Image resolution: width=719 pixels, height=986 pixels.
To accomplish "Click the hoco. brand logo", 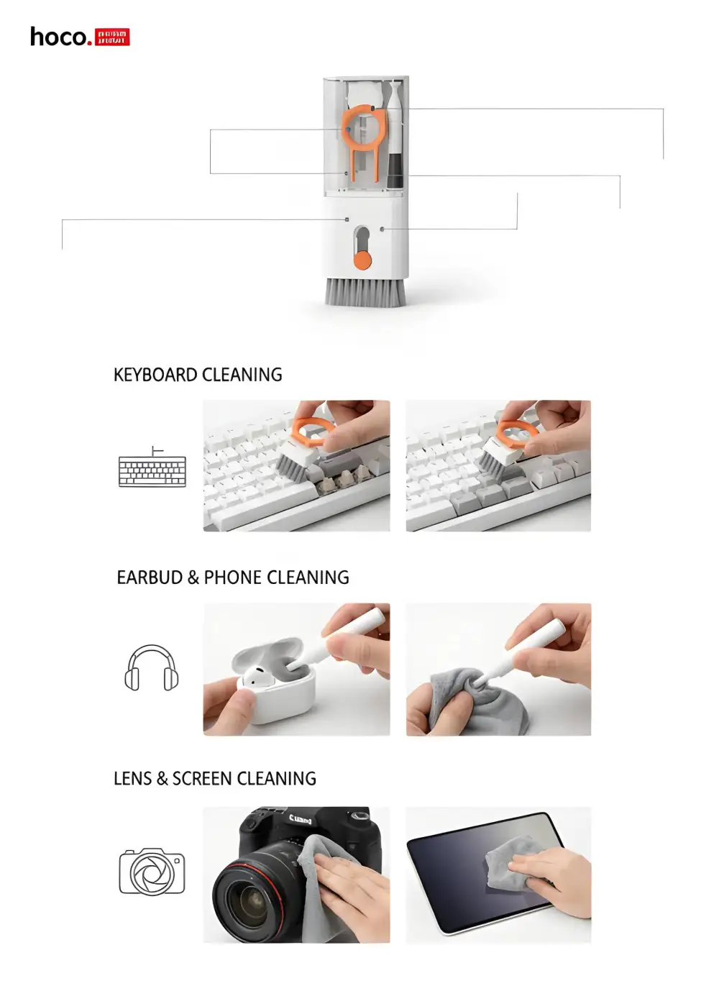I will pyautogui.click(x=79, y=37).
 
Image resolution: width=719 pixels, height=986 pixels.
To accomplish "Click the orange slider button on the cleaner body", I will pyautogui.click(x=363, y=260).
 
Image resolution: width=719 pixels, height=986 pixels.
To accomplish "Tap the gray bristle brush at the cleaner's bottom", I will pyautogui.click(x=365, y=291).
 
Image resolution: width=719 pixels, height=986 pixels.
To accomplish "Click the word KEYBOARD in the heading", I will pyautogui.click(x=155, y=375).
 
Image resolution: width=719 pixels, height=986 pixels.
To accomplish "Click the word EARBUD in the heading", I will pyautogui.click(x=150, y=578).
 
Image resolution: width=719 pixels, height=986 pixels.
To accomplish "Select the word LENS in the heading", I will pyautogui.click(x=132, y=779).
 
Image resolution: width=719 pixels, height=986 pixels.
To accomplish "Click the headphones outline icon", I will pyautogui.click(x=152, y=668).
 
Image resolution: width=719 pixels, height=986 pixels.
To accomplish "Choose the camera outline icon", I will pyautogui.click(x=152, y=872).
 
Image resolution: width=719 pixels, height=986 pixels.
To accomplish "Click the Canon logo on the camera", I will pyautogui.click(x=301, y=818).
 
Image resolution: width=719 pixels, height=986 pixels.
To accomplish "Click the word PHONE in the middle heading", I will pyautogui.click(x=232, y=578).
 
